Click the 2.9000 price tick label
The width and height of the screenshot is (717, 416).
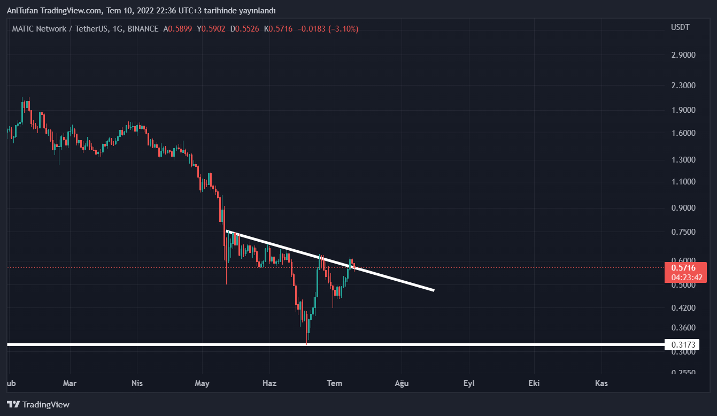683,55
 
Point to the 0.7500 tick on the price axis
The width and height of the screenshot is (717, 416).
683,232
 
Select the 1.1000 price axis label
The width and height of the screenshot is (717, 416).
683,182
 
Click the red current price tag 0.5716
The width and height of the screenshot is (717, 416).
683,268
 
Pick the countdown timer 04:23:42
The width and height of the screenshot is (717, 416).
683,278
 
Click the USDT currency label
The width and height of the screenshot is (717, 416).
680,27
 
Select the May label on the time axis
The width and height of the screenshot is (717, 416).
202,383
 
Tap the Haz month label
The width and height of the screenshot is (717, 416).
269,383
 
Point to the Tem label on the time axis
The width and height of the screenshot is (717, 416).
335,383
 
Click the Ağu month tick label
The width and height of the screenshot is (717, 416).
402,383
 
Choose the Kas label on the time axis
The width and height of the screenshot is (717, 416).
601,383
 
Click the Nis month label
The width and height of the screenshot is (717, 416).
137,383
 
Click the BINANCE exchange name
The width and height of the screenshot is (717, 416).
143,29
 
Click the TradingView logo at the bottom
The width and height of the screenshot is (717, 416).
38,405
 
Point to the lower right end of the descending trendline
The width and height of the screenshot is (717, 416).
433,290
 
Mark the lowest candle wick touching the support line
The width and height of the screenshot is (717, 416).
307,342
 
